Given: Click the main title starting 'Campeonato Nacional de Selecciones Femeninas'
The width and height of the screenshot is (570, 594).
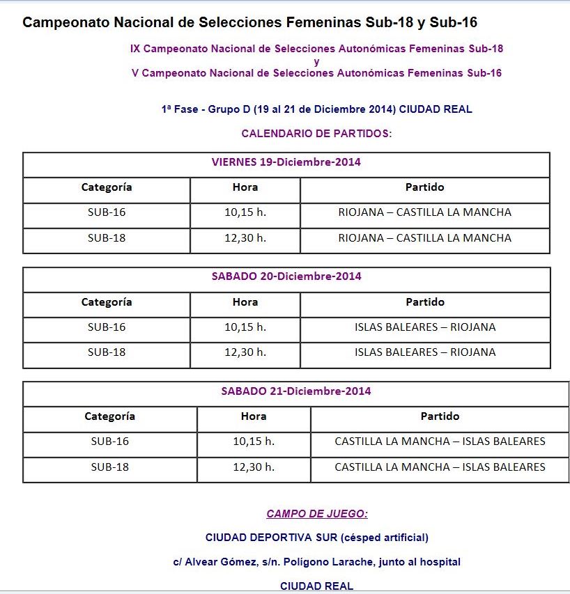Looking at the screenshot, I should (249, 22).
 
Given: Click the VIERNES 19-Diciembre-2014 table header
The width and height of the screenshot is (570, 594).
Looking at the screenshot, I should (286, 162).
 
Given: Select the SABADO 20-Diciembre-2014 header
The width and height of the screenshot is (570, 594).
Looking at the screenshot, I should (286, 276).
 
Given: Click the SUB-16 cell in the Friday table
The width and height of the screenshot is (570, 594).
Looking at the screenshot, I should (107, 212).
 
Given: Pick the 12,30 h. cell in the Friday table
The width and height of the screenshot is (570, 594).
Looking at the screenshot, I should (245, 238).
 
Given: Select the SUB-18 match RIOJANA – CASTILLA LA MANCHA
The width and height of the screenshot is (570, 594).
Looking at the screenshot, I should (424, 238).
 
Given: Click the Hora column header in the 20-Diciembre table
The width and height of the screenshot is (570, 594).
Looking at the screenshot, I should (245, 302).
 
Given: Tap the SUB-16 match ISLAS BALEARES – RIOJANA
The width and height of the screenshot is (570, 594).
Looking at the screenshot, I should (424, 327).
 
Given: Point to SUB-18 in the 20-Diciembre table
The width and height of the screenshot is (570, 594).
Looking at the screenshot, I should (107, 352).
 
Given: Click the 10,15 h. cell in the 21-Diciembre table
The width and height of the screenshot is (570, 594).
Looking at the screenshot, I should (254, 441).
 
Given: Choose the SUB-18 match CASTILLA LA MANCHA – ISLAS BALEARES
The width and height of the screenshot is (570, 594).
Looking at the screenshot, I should (440, 467).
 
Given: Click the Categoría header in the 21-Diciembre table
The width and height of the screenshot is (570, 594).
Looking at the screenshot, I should (109, 416).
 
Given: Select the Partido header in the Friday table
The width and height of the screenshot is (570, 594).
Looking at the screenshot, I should (424, 187).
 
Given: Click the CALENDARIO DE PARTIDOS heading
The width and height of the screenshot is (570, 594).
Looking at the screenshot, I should (316, 133).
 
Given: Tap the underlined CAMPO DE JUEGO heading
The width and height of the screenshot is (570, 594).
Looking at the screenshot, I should (316, 514).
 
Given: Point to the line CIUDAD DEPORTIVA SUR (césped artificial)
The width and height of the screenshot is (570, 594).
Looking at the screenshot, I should (316, 538).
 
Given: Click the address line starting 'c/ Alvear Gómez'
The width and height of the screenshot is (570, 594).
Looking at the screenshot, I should (316, 562).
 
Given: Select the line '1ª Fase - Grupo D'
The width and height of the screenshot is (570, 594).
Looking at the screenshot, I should (316, 109).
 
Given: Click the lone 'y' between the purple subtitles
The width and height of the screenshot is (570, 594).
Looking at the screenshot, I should (316, 61).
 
